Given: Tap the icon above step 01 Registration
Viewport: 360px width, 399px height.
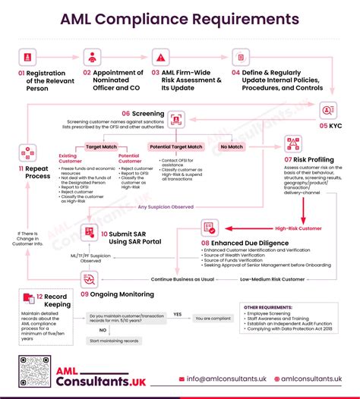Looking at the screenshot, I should tap(28, 56).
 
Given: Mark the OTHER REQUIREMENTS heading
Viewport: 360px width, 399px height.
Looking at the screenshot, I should tap(267, 307).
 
